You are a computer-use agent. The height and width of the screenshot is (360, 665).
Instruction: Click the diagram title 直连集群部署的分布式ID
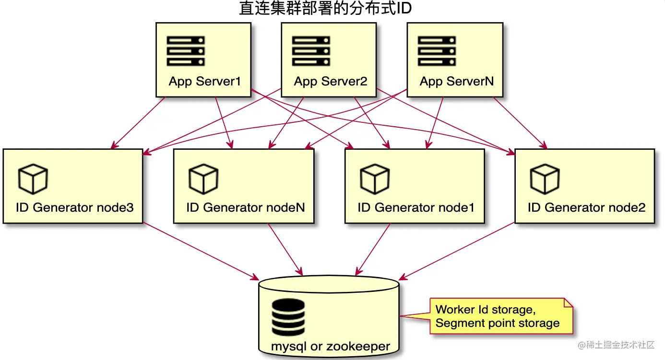coord(325,9)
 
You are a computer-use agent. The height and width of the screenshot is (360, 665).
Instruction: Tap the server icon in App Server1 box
coord(186,51)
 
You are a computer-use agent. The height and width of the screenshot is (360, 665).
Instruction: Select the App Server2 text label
coord(331,81)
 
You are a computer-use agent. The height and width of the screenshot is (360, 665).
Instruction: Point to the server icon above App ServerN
coord(437,51)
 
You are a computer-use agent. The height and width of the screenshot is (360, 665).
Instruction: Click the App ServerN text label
coord(456,81)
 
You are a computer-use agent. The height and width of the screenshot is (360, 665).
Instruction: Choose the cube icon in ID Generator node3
coord(33,179)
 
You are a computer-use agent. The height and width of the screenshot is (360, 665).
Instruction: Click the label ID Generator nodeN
coord(246,207)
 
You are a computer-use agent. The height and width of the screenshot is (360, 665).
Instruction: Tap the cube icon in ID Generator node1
coord(374,179)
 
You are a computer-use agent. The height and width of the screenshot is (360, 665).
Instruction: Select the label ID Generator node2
coord(586,207)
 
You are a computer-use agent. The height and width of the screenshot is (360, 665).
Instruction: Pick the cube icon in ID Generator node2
coord(545,179)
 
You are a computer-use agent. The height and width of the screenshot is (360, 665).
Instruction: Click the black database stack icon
coord(288,318)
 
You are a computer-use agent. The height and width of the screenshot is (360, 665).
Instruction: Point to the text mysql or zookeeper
coord(331,346)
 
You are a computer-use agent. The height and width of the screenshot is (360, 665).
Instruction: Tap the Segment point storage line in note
coord(497,323)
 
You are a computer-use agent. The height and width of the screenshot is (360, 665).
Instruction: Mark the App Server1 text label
coord(204,81)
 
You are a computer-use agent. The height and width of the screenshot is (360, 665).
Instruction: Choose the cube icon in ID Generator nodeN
coord(203,179)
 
